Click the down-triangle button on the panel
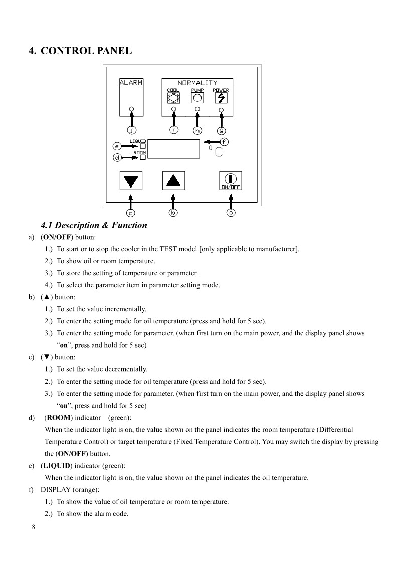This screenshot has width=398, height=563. [131, 180]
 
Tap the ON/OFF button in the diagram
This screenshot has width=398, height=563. [231, 180]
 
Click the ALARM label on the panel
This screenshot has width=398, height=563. [131, 83]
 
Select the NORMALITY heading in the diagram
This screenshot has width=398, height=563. [197, 83]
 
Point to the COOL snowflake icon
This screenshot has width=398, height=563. [173, 98]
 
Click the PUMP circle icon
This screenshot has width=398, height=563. [197, 98]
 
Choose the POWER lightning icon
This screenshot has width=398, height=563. [221, 98]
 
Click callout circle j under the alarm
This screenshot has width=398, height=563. [131, 130]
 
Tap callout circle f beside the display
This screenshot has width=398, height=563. [224, 142]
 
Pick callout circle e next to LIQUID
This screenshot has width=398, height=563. [117, 146]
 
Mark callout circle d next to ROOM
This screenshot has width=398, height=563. [117, 158]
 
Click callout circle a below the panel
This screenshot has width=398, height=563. [231, 213]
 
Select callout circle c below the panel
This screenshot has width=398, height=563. [130, 213]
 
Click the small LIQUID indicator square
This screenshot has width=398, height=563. [143, 146]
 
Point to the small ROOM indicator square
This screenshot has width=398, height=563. [143, 157]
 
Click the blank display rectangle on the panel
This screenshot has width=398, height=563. [175, 149]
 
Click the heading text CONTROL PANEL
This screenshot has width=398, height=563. [86, 51]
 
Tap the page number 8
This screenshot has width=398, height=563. [33, 527]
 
